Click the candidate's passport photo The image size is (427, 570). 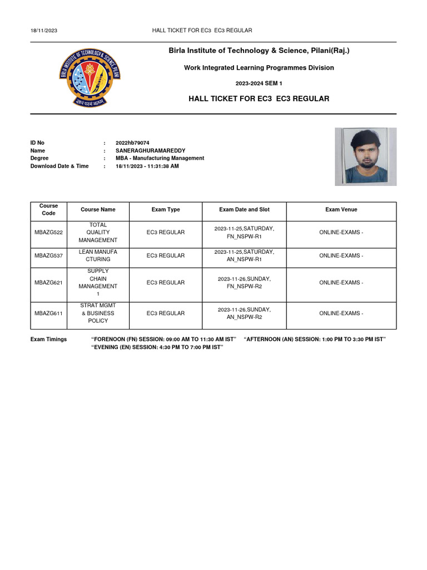click(x=365, y=156)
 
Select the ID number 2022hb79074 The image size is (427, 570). click(x=132, y=143)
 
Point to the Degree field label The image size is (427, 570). click(x=39, y=158)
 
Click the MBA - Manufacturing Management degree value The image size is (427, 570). click(x=160, y=158)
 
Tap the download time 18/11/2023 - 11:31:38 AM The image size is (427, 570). click(x=147, y=166)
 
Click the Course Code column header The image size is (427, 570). click(x=49, y=210)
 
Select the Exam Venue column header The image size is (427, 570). click(x=341, y=210)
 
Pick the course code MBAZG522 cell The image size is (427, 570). click(x=49, y=232)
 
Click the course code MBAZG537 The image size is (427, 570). click(x=49, y=255)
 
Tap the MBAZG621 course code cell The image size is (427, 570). click(x=49, y=283)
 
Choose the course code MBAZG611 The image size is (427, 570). click(x=49, y=313)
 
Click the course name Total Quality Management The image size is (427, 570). click(x=98, y=232)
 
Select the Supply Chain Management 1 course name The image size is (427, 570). click(x=98, y=282)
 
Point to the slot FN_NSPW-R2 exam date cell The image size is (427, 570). click(x=244, y=283)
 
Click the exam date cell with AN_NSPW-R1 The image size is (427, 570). click(x=244, y=255)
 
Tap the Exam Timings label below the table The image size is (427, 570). click(x=48, y=339)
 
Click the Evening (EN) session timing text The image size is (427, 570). click(x=157, y=347)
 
